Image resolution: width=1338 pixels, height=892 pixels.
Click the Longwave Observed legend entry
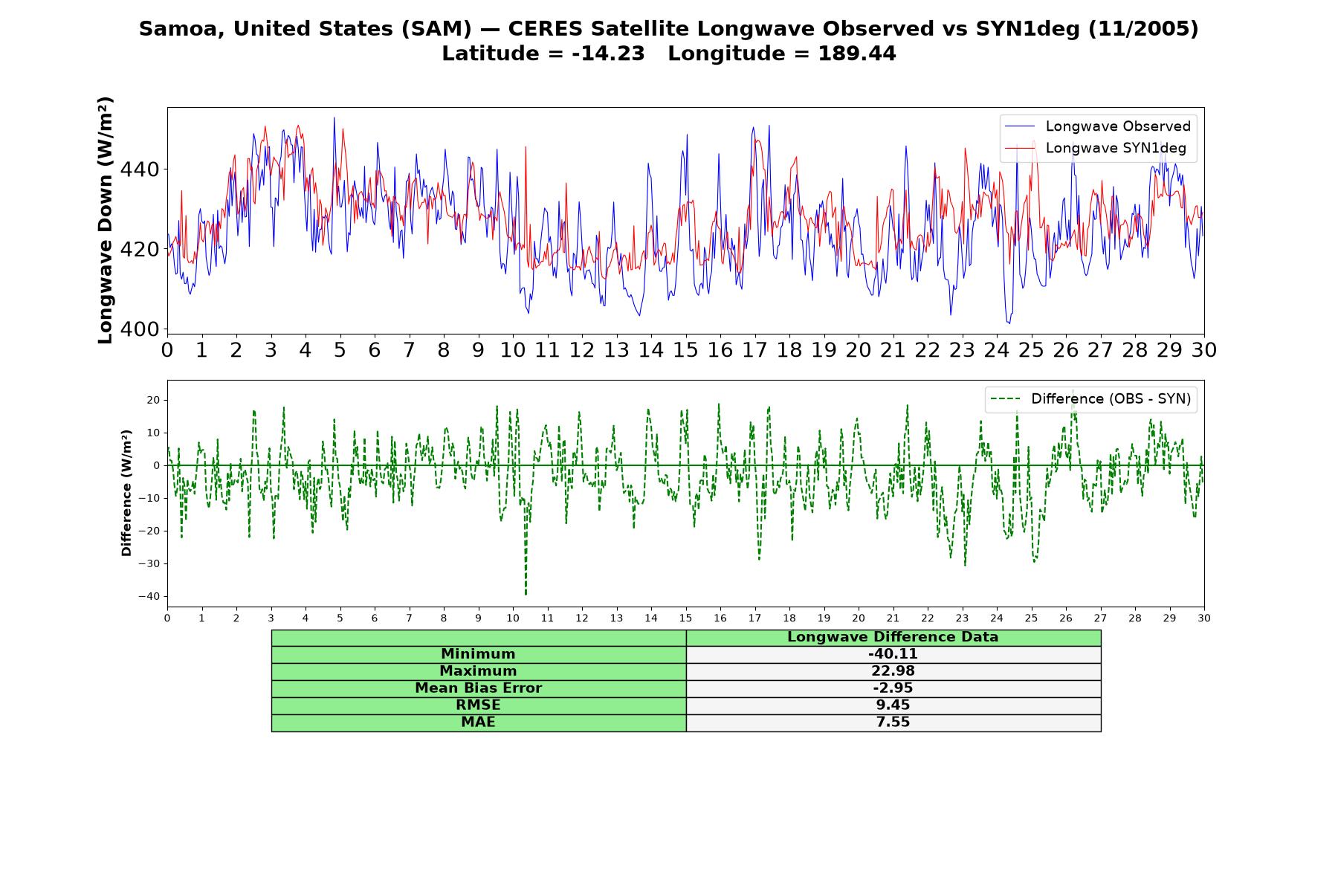coord(1097,126)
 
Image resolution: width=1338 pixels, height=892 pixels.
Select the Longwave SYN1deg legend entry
coord(1096,148)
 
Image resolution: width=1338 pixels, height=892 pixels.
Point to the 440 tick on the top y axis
coord(140,169)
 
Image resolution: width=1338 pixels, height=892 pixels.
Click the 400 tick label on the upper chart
coord(140,329)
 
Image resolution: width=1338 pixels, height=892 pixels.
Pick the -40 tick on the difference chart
coord(149,596)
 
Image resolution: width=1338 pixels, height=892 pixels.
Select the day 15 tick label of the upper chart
coord(685,350)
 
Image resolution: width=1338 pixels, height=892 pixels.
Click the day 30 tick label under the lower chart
coord(1204,618)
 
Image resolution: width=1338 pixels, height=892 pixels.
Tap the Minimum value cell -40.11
coord(893,654)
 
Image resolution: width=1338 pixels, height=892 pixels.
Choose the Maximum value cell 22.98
coord(893,671)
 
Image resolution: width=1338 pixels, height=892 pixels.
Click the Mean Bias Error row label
coord(478,688)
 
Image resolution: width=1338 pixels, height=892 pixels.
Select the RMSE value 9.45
coord(893,705)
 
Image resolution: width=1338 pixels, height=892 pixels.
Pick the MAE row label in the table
coord(478,723)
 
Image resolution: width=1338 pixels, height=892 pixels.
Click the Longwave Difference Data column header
coord(893,637)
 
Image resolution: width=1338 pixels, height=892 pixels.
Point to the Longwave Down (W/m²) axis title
coord(105,220)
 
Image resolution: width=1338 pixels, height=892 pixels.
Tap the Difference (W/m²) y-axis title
coord(126,493)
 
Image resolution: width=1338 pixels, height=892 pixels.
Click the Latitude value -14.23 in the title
coord(608,54)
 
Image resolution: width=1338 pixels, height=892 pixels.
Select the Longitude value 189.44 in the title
coord(857,54)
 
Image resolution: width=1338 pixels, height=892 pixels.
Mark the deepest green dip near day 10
coord(526,594)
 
